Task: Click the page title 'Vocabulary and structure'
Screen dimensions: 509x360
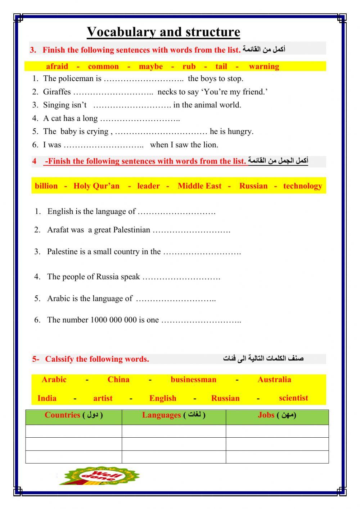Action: [163, 32]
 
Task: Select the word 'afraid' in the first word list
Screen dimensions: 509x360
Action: [57, 66]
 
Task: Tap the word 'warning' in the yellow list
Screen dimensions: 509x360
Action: [264, 66]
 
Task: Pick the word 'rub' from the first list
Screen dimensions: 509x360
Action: [189, 66]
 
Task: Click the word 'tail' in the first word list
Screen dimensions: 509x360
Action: [221, 66]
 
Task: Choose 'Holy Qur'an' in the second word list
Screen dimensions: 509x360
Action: [96, 186]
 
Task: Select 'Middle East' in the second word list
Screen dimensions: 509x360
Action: [199, 186]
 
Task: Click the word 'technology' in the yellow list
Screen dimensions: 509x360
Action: [302, 186]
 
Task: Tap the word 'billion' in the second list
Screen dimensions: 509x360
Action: [46, 186]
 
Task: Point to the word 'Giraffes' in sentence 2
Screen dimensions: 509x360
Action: [57, 92]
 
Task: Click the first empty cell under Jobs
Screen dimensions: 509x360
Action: [277, 431]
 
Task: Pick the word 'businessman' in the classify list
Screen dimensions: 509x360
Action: [193, 379]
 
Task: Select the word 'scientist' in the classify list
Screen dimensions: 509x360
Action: [293, 398]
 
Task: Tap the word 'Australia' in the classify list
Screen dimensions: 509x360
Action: [274, 379]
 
